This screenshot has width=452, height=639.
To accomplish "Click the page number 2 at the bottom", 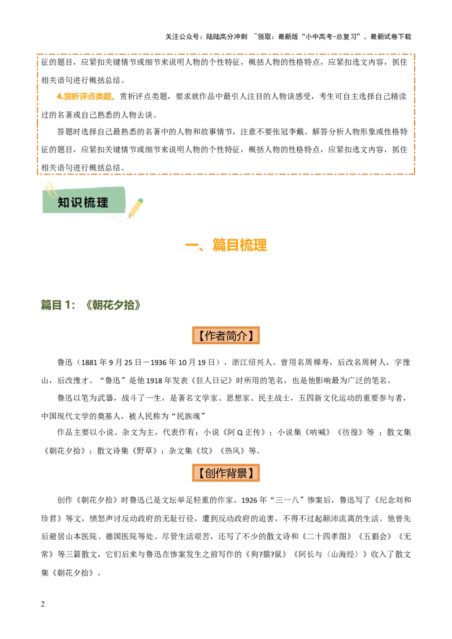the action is pos(43,605).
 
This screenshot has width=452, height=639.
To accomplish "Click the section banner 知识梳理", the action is pos(83,202).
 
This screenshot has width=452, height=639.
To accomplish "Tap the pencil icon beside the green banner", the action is pos(136,207).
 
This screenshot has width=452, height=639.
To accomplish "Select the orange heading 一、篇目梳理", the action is pos(226,246).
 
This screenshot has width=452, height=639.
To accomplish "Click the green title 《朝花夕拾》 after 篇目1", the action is pos(114,305).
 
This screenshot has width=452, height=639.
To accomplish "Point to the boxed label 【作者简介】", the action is pos(225,335).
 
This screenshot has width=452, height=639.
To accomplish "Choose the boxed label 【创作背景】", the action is pos(225,472).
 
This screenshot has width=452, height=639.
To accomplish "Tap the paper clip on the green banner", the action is pos(51,190).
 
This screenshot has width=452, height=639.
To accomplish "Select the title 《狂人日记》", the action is pos(212,380).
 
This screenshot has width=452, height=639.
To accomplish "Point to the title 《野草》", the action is pos(145,450).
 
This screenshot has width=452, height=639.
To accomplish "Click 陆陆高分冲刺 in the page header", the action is pos(227,37).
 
